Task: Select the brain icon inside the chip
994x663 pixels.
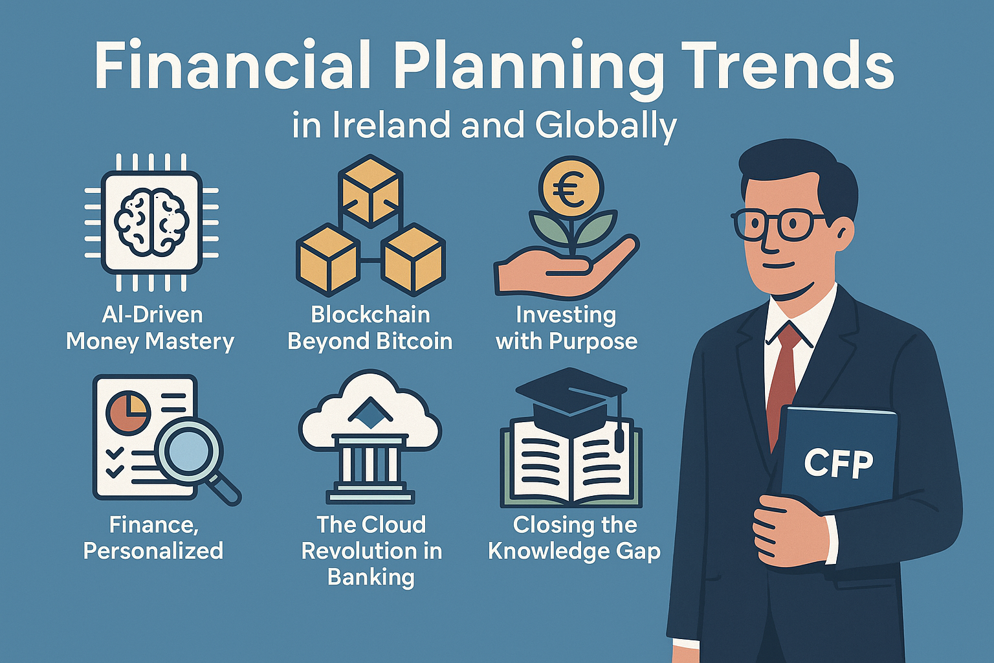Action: click(152, 221)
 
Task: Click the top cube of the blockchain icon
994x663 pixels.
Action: click(371, 191)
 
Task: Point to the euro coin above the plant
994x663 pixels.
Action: click(571, 188)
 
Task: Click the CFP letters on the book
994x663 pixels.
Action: click(838, 464)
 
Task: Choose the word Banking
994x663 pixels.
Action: click(371, 578)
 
